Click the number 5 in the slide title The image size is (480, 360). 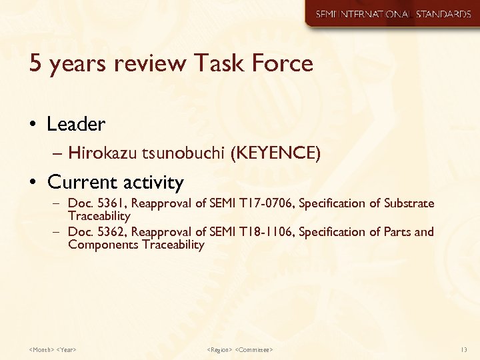(35, 64)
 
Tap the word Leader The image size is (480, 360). (76, 124)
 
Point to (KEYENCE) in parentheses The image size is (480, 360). (275, 154)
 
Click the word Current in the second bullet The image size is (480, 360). (81, 182)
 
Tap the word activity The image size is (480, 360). (152, 183)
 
